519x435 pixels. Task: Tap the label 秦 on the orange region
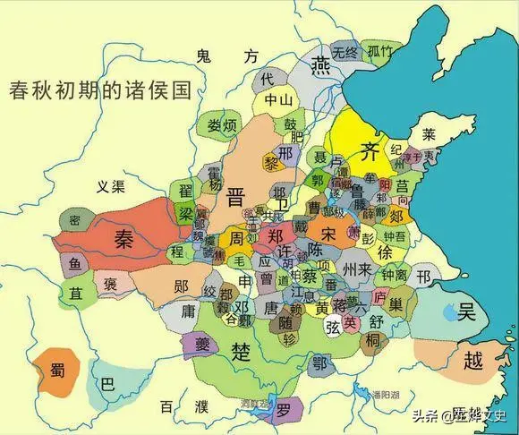123,236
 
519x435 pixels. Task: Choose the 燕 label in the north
319,69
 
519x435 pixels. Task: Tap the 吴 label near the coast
465,312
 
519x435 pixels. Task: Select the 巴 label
108,385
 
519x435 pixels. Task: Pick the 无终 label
345,50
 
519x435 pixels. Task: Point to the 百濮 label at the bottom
173,407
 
